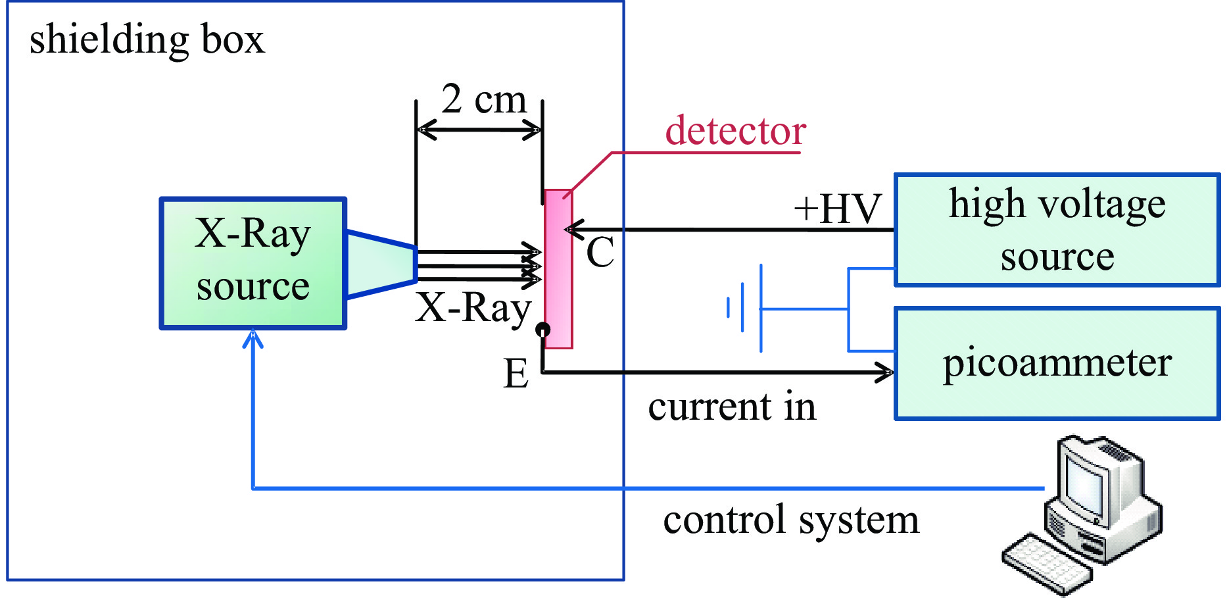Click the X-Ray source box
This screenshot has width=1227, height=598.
[253, 263]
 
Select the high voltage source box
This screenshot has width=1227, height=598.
[1057, 230]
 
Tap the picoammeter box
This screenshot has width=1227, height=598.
[1057, 363]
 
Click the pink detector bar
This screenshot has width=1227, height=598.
[558, 268]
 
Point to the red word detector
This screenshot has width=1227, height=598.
[735, 130]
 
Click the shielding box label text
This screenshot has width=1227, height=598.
[147, 39]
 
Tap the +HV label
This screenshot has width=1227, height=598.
[837, 209]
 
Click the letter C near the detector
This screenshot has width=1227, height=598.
[600, 252]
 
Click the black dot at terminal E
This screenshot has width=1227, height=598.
[542, 329]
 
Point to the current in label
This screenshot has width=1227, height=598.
[732, 407]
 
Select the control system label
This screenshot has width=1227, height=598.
[791, 520]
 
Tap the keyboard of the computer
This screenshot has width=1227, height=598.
[1046, 564]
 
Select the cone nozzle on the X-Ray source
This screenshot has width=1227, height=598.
[381, 264]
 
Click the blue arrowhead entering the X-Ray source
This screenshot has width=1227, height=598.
[253, 339]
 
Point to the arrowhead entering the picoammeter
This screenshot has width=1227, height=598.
[884, 372]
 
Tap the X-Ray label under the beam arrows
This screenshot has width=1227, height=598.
[473, 308]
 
